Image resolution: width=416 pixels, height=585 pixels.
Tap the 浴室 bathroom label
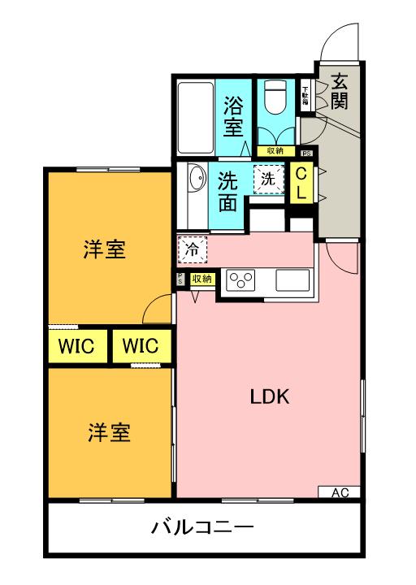233,115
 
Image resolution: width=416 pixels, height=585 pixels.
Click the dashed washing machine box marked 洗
266,179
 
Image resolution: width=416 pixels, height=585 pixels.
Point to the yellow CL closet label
301,184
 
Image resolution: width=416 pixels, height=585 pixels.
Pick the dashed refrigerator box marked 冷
192,250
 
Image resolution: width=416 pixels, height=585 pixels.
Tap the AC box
340,492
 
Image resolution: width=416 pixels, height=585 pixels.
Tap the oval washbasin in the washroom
195,178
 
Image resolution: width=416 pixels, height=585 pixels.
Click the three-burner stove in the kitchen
241,281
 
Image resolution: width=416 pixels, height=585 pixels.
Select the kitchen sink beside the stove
292,280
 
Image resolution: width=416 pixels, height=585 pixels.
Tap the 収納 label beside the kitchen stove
202,279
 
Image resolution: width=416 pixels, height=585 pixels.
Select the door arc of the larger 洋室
159,310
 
